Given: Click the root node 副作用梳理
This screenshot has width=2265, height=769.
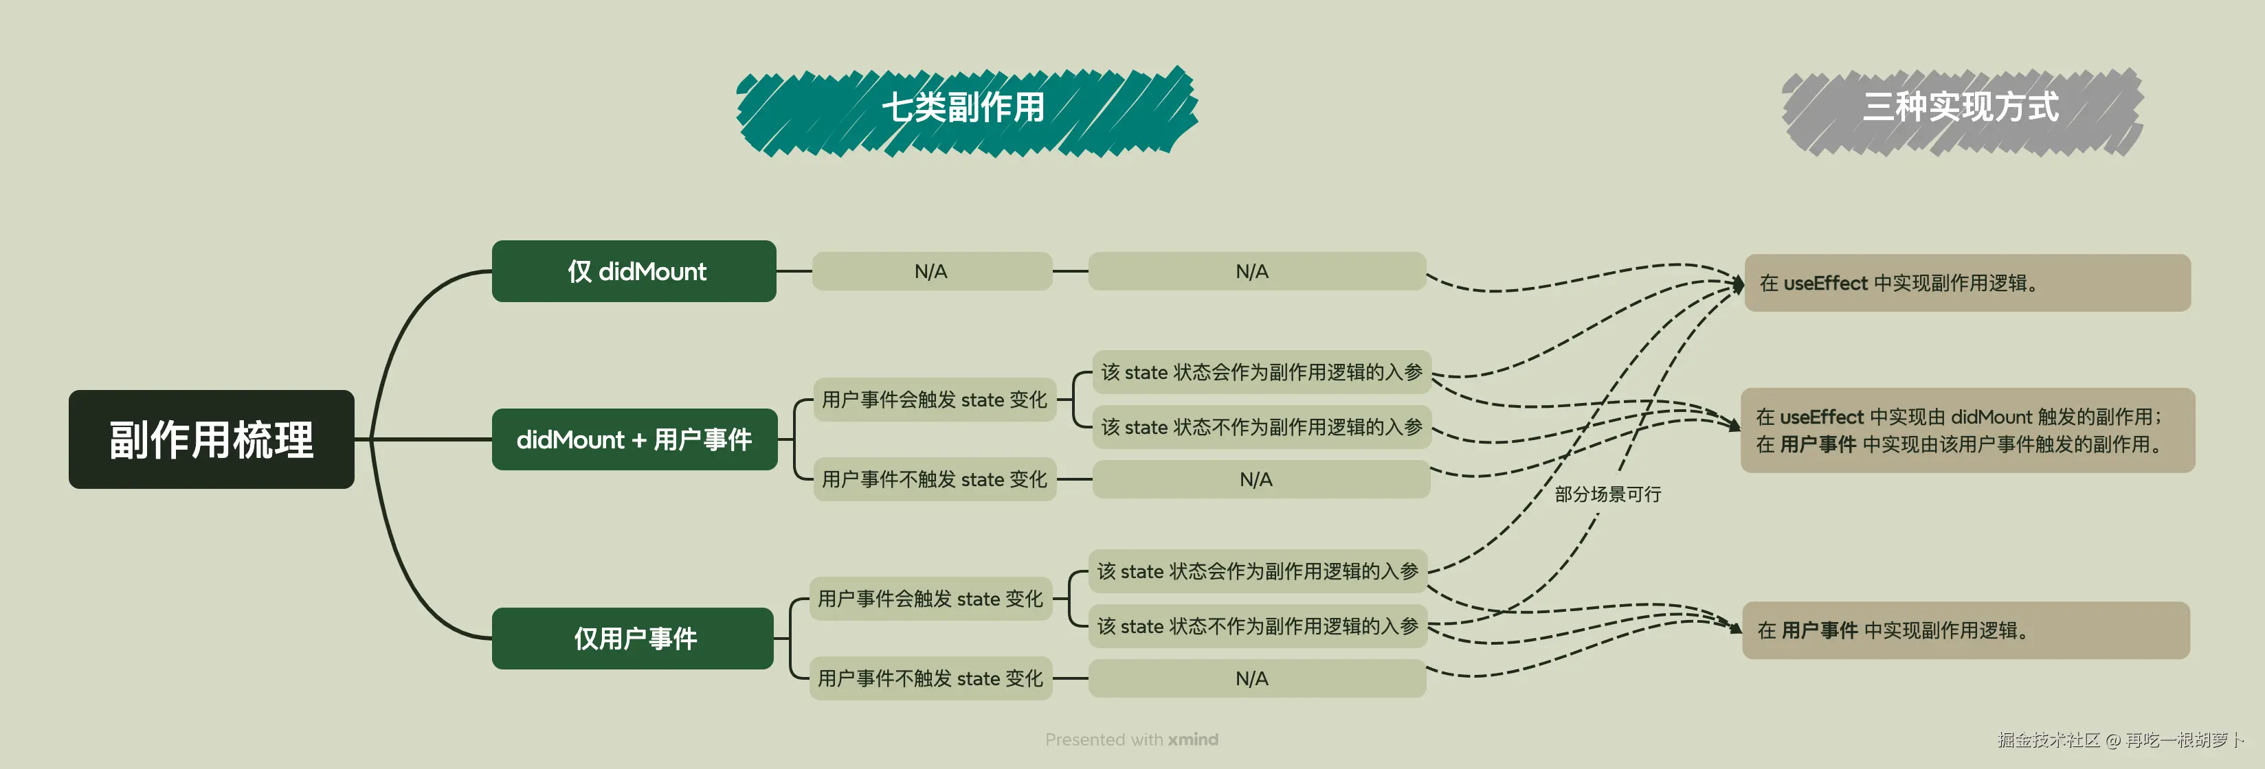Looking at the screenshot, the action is (211, 439).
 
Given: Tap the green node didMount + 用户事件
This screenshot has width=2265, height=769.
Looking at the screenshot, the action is (634, 439).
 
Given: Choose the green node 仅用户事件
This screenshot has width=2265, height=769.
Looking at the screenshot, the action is (634, 638).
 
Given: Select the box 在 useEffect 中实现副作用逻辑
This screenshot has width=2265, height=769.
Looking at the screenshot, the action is (1967, 283).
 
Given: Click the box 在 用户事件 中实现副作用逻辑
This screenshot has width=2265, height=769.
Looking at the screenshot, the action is (1965, 630).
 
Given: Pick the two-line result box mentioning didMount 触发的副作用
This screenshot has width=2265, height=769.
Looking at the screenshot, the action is (1967, 431).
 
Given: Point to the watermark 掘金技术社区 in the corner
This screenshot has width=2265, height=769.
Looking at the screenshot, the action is (2049, 740).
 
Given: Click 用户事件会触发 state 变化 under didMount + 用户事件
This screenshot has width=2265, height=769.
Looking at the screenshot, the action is (934, 400).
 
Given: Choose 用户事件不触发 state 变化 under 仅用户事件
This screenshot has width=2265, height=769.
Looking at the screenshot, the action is (930, 678).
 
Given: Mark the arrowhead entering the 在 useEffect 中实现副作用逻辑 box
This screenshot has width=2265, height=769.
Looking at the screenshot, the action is (1739, 283).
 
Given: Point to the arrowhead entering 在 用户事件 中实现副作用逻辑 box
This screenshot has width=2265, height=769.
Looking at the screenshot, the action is (1736, 628).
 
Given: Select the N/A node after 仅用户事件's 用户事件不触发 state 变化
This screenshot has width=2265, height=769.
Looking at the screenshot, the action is (1252, 678).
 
